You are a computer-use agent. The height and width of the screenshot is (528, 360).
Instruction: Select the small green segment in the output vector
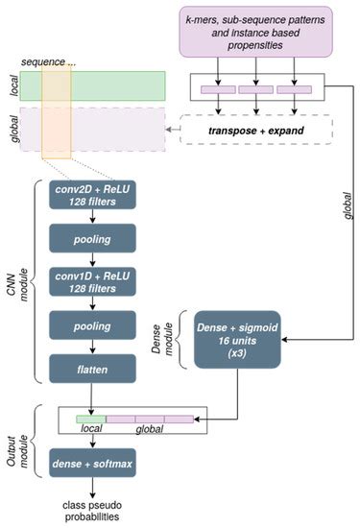pyautogui.click(x=90, y=418)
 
